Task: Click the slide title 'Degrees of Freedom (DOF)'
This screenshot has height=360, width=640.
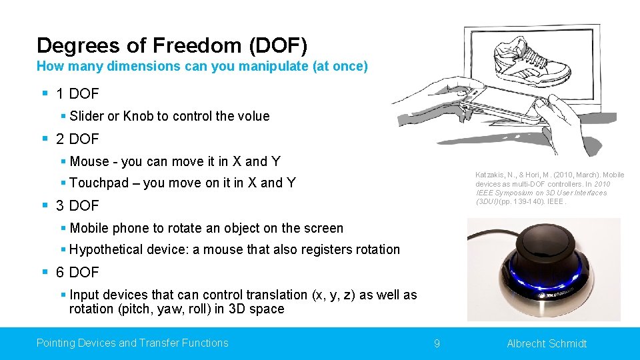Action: click(x=172, y=45)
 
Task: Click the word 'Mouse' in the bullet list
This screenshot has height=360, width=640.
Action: click(x=89, y=161)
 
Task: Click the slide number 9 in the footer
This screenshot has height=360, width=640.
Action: click(x=437, y=343)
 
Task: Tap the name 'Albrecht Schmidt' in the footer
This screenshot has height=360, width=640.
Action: click(x=547, y=343)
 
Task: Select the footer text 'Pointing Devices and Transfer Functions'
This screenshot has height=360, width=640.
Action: click(x=132, y=343)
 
